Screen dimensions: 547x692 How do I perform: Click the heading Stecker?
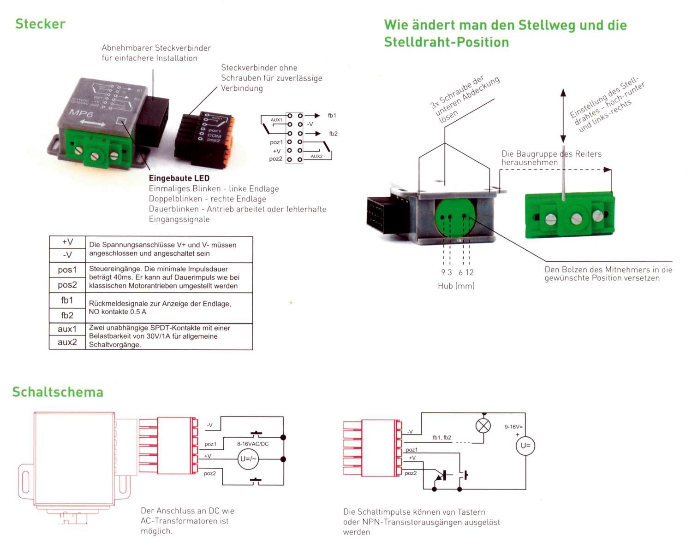coord(41,24)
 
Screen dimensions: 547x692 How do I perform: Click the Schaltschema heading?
coord(58,392)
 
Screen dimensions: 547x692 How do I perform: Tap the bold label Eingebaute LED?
coord(179,178)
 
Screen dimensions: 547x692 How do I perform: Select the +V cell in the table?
coord(67,242)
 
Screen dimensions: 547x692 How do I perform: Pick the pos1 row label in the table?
coord(67,270)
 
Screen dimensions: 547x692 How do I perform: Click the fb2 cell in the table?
coord(67,316)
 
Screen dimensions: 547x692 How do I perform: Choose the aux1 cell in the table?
coord(67,329)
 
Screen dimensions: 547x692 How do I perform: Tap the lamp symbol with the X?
coord(483,426)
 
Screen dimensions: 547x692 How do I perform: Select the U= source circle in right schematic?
coord(525,446)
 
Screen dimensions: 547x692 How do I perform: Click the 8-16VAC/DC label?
coord(253,444)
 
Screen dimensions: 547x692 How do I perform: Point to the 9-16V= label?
coord(513,427)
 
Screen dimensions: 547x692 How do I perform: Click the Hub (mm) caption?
coord(456,286)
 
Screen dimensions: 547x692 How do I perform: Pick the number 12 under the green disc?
coord(469,272)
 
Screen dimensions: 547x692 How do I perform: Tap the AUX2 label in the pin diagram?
coord(316,157)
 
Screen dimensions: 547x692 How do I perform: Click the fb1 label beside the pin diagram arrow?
coord(332,116)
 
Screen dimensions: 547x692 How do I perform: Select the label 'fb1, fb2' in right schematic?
coord(442,438)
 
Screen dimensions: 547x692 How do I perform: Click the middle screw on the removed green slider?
coord(576,219)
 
